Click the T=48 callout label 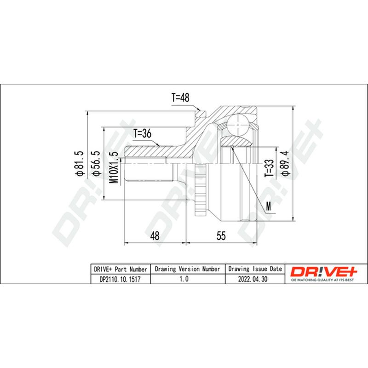click(x=180, y=98)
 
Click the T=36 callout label click(x=143, y=133)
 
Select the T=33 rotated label click(x=269, y=168)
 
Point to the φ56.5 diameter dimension click(x=96, y=163)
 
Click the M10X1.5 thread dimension click(x=114, y=167)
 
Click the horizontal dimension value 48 click(x=155, y=236)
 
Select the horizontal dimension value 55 click(x=221, y=236)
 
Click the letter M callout click(x=269, y=206)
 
